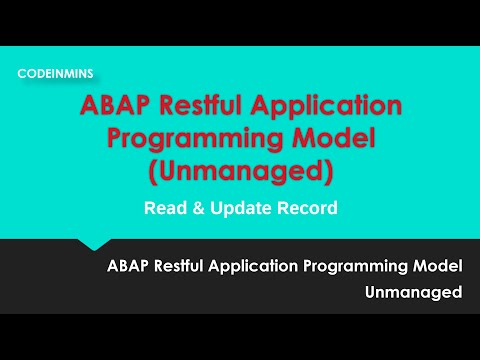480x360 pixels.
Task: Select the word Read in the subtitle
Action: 164,209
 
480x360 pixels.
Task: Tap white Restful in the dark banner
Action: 190,267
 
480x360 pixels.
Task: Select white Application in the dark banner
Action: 266,268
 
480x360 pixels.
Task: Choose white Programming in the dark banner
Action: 361,268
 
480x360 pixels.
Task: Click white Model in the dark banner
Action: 437,267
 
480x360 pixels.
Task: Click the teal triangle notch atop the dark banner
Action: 94,244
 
